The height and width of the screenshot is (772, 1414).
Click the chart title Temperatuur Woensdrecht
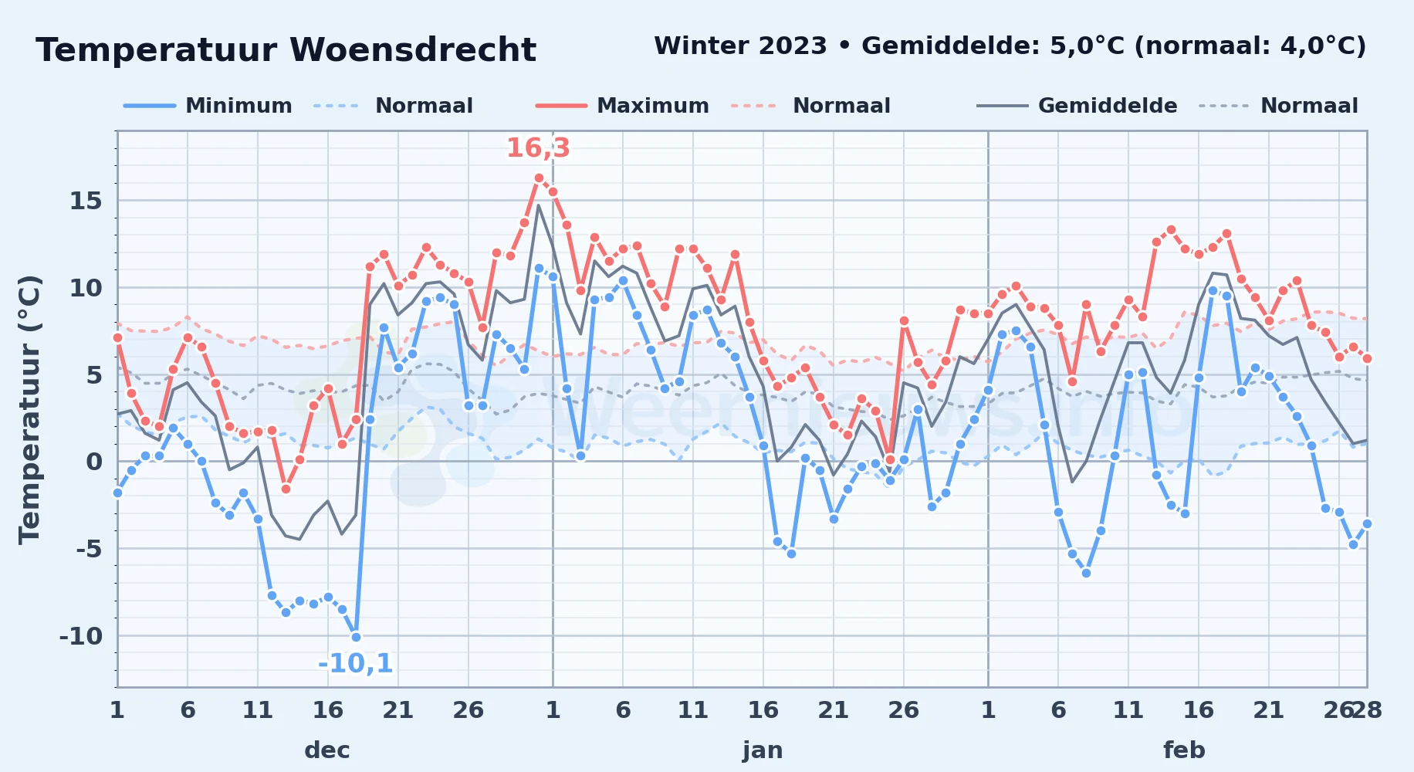(x=286, y=50)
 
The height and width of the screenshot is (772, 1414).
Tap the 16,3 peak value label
(x=538, y=147)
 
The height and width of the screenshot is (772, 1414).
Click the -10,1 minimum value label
(x=355, y=663)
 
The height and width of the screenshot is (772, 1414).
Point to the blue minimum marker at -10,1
(x=356, y=637)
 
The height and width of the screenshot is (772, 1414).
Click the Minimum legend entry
(x=208, y=106)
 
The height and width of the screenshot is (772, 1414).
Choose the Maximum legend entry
(x=622, y=106)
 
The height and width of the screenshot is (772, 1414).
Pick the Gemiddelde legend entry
(x=1077, y=106)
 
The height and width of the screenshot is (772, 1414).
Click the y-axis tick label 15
(x=86, y=201)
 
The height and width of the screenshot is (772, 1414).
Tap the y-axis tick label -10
(x=80, y=636)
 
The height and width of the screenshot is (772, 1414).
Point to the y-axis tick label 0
(x=94, y=462)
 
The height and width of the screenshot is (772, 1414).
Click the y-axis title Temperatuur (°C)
(x=29, y=409)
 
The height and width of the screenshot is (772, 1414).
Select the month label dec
(x=327, y=750)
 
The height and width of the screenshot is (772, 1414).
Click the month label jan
(x=763, y=750)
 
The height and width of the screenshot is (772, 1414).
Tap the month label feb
(x=1184, y=750)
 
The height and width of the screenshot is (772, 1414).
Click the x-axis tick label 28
(x=1367, y=709)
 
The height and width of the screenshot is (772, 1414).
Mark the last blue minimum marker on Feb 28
(x=1367, y=523)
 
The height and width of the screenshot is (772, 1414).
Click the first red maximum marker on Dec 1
(x=117, y=337)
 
